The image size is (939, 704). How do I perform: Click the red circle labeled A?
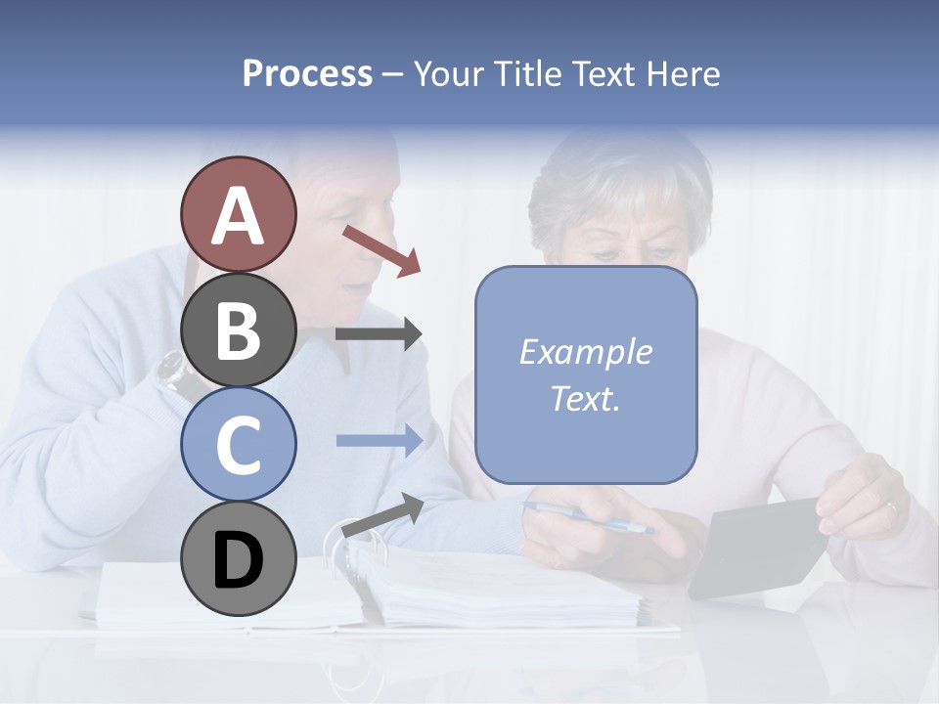coord(238,214)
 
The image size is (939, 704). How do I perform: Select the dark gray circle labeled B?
coord(238,330)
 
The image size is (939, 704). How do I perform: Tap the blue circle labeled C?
coord(238,444)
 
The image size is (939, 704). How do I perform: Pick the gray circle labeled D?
coord(238,559)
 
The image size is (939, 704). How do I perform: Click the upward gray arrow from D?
coord(382,515)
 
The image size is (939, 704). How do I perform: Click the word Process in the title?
coord(307,73)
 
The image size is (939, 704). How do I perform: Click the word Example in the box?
coord(585,352)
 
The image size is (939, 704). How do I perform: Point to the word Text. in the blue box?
coord(585,398)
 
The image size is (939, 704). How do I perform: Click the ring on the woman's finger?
coord(891,506)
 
